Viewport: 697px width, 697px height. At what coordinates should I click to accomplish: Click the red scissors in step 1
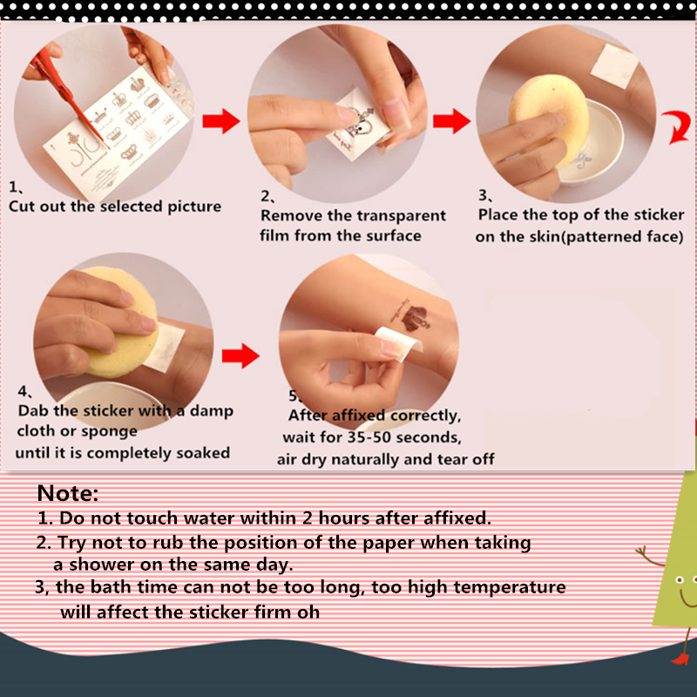pyautogui.click(x=67, y=93)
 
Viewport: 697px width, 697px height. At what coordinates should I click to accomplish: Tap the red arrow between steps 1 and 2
pyautogui.click(x=221, y=121)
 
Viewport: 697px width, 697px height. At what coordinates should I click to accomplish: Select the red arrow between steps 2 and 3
pyautogui.click(x=451, y=121)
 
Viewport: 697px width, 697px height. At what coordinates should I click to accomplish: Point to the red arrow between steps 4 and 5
pyautogui.click(x=240, y=355)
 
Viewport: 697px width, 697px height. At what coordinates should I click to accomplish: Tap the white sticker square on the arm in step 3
pyautogui.click(x=615, y=67)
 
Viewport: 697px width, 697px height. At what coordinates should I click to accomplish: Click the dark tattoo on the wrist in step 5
pyautogui.click(x=412, y=316)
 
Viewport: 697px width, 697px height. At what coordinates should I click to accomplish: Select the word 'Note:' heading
pyautogui.click(x=68, y=493)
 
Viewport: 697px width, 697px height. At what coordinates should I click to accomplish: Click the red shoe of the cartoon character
pyautogui.click(x=680, y=659)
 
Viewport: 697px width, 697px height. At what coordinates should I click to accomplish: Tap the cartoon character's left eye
pyautogui.click(x=680, y=579)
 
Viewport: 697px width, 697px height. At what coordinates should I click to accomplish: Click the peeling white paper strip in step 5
pyautogui.click(x=398, y=343)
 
